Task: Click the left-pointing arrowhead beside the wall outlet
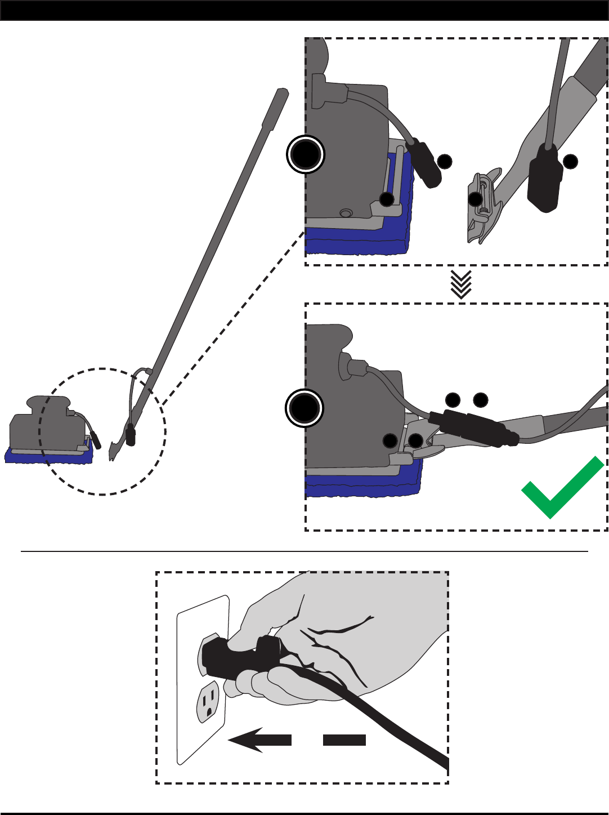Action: [248, 740]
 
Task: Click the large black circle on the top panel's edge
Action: [306, 154]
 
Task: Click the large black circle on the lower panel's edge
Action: [304, 408]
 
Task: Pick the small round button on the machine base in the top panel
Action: [346, 213]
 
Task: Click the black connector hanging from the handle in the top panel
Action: [544, 177]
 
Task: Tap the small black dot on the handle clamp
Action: [476, 199]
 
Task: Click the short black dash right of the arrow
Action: [344, 740]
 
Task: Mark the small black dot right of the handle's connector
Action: [571, 161]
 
